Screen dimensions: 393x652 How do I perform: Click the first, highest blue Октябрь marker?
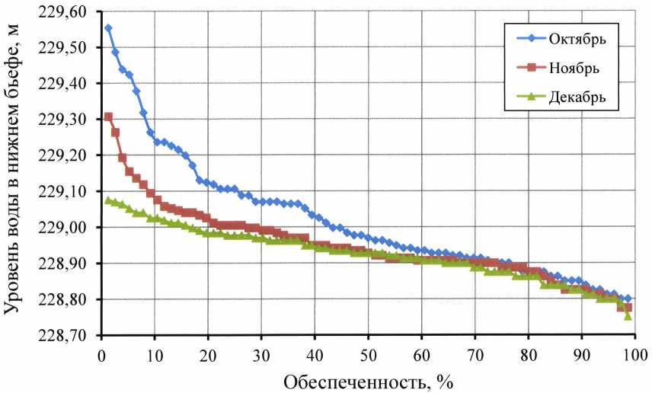108,28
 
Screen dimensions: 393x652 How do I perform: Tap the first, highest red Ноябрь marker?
108,117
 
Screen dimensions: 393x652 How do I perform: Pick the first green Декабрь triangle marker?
108,200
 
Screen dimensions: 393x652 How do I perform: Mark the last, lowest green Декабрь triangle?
628,315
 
